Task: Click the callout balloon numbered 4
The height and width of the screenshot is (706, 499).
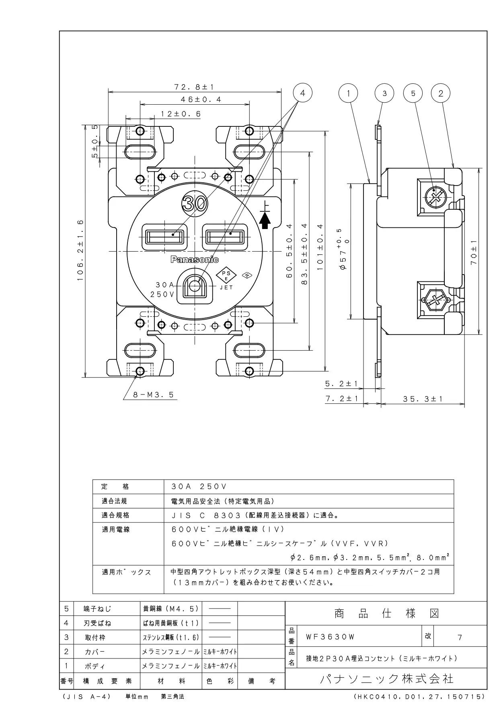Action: click(302, 93)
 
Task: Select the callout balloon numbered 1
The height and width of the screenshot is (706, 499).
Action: click(348, 93)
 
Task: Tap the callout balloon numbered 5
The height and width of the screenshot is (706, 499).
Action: click(413, 93)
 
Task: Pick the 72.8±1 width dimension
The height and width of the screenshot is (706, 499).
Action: click(194, 87)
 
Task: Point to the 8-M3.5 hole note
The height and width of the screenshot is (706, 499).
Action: click(154, 395)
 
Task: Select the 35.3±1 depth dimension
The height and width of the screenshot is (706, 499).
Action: click(423, 399)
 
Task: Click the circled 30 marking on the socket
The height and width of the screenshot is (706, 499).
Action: click(195, 204)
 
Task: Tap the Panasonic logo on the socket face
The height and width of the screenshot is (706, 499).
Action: click(195, 260)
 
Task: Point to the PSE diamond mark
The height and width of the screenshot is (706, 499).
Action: click(226, 276)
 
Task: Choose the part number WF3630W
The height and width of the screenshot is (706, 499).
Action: click(330, 637)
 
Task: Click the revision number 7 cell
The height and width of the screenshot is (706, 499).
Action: click(460, 637)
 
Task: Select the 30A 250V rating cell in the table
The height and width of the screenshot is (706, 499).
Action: click(199, 487)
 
